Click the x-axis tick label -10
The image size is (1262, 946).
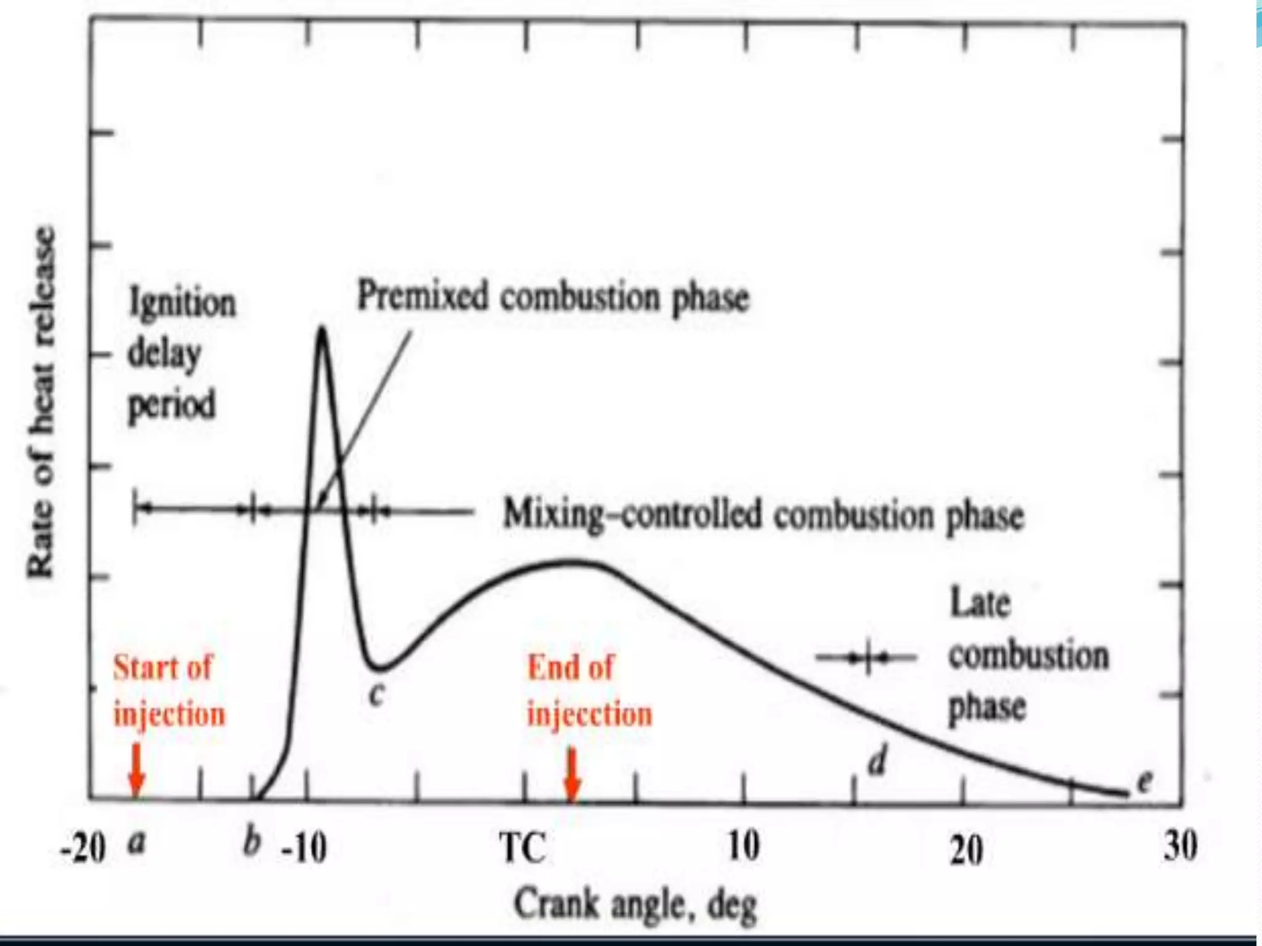(303, 850)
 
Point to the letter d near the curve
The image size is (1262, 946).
(877, 761)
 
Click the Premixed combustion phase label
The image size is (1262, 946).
(553, 298)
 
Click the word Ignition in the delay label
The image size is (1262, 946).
(182, 304)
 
